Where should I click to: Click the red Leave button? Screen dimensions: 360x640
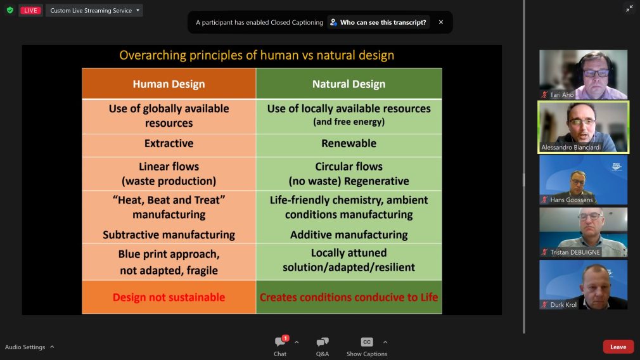pyautogui.click(x=618, y=347)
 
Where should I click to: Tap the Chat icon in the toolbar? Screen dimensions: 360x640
pyautogui.click(x=280, y=342)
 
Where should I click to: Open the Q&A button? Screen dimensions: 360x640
pyautogui.click(x=323, y=342)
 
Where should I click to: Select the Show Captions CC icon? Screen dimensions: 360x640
pyautogui.click(x=367, y=342)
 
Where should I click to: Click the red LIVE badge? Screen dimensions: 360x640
pyautogui.click(x=30, y=10)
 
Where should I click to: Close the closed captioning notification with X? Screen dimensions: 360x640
pyautogui.click(x=441, y=22)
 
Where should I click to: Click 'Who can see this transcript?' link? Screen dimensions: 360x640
pyautogui.click(x=379, y=22)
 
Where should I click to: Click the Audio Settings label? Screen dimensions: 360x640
pyautogui.click(x=25, y=347)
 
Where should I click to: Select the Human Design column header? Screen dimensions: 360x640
pyautogui.click(x=169, y=84)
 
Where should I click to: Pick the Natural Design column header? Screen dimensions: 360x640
pyautogui.click(x=349, y=84)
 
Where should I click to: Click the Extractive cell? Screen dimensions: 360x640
pyautogui.click(x=169, y=144)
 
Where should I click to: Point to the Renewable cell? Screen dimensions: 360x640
pyautogui.click(x=349, y=144)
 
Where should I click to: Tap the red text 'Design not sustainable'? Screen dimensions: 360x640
pyautogui.click(x=169, y=297)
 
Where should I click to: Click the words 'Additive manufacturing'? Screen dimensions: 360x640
pyautogui.click(x=349, y=235)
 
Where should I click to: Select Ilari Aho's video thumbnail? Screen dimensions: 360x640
pyautogui.click(x=583, y=74)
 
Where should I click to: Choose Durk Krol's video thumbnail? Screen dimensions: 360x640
pyautogui.click(x=583, y=285)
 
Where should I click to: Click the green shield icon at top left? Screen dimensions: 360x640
pyautogui.click(x=10, y=10)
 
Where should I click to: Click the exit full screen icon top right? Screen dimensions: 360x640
pyautogui.click(x=629, y=8)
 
